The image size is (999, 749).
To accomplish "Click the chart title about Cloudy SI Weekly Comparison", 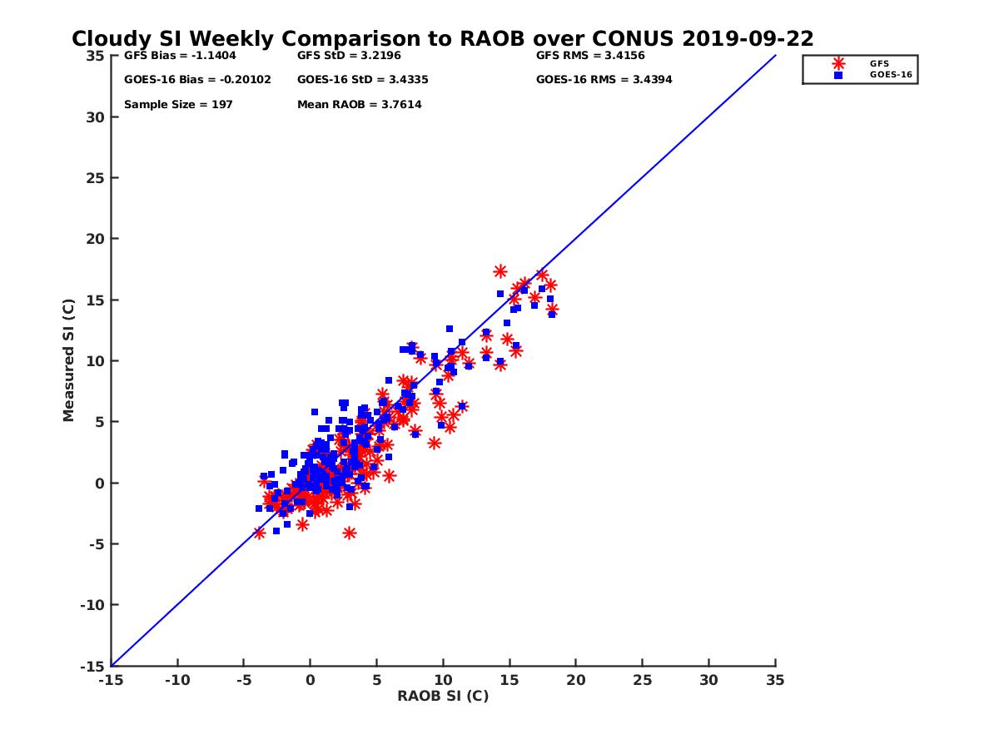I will [442, 39].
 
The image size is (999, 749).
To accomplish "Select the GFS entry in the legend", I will [879, 63].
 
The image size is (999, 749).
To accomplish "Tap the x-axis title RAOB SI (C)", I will [442, 696].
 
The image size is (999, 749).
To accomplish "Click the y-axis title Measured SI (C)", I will [68, 361].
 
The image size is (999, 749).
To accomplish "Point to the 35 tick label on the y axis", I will [95, 56].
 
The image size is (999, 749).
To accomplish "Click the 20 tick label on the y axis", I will [95, 239].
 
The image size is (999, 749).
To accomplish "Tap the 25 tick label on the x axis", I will [642, 680].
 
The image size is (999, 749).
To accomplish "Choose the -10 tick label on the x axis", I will [176, 680].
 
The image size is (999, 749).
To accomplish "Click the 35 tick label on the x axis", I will [775, 680].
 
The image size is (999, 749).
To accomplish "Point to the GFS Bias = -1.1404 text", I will [180, 56].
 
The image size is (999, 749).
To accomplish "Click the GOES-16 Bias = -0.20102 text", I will [197, 80].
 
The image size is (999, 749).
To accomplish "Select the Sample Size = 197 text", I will [178, 105].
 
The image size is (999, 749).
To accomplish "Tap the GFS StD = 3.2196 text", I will [348, 56].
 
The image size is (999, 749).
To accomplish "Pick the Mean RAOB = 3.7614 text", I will [359, 105].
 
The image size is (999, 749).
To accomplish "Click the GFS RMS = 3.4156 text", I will [590, 56].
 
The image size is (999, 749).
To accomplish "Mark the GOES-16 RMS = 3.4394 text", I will [604, 80].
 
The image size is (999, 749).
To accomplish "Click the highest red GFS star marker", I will [500, 271].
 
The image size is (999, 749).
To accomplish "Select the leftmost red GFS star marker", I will [259, 533].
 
